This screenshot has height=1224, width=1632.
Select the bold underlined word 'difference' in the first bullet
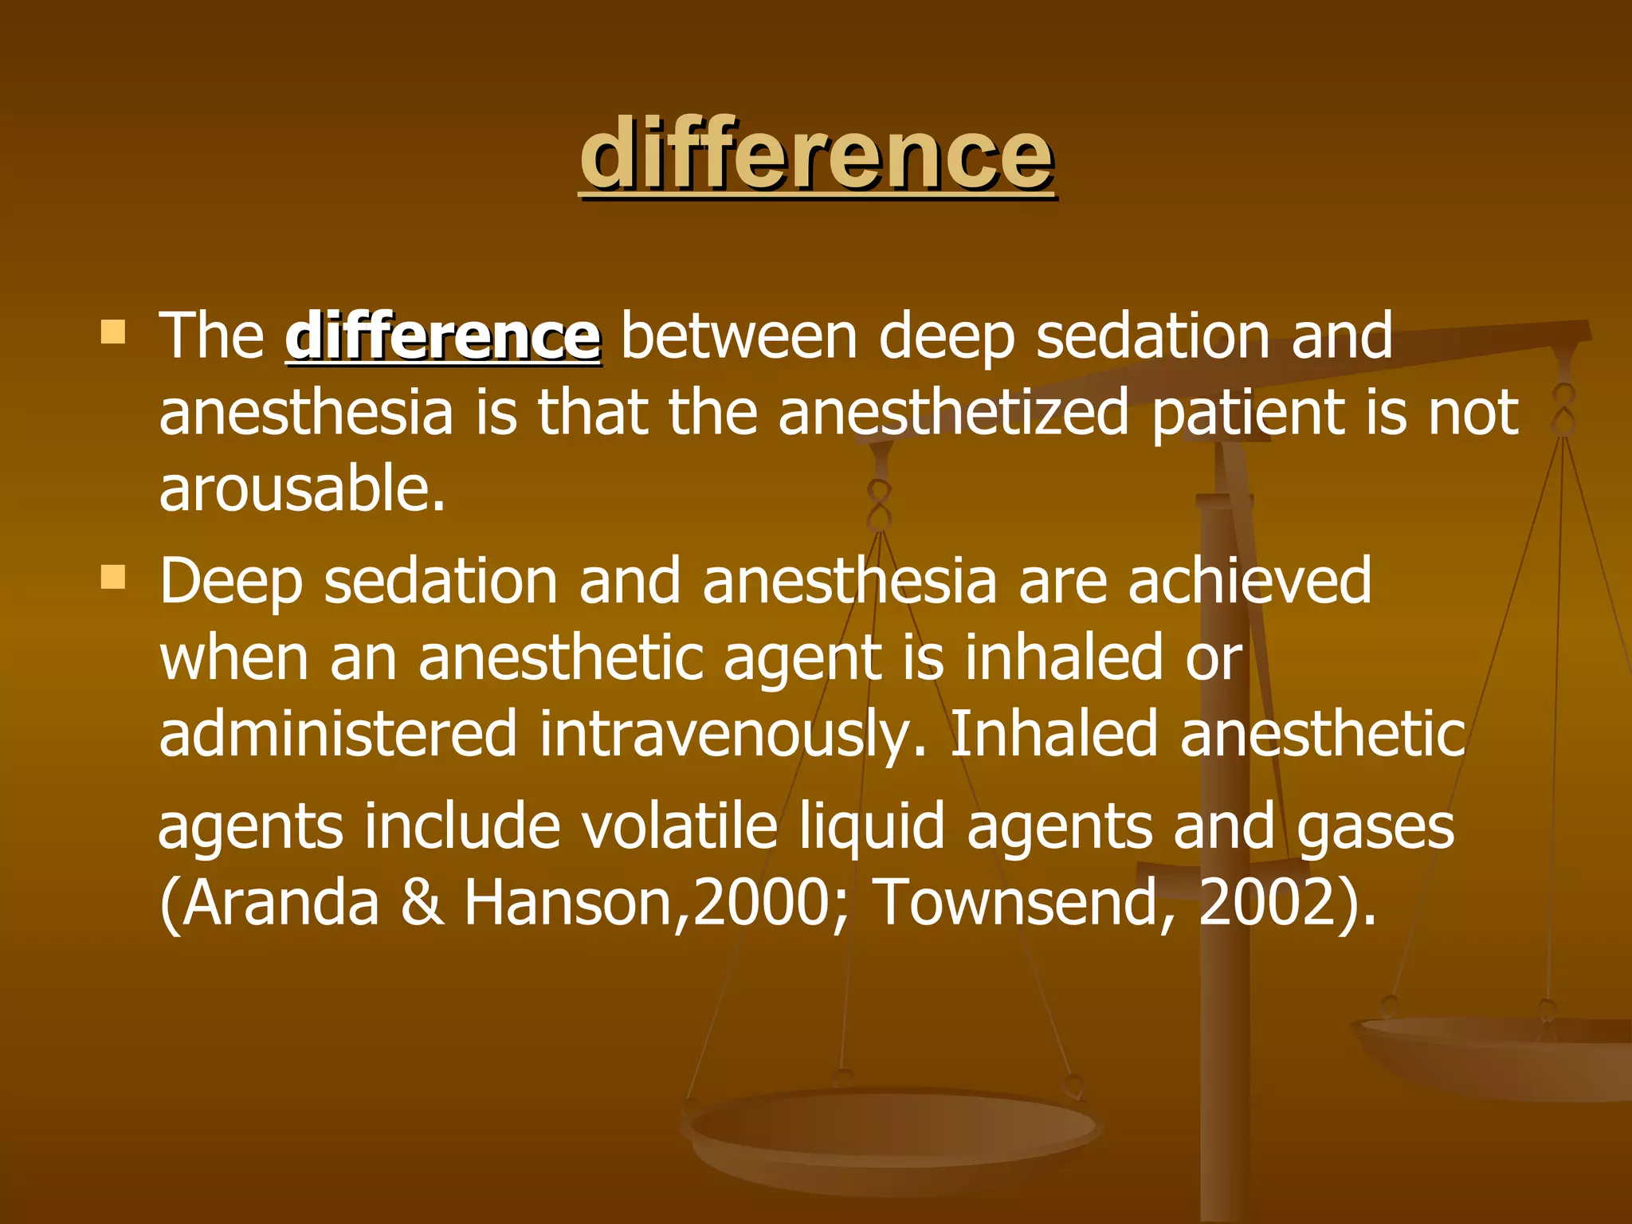(x=443, y=336)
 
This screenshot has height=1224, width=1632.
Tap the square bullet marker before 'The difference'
(x=114, y=331)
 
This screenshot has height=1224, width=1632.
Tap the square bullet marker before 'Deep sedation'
(x=114, y=577)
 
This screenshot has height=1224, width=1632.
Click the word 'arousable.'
(x=302, y=488)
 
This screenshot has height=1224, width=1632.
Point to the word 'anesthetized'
(x=953, y=413)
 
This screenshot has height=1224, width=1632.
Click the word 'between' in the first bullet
(x=739, y=336)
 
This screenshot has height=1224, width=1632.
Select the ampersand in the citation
(x=422, y=903)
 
